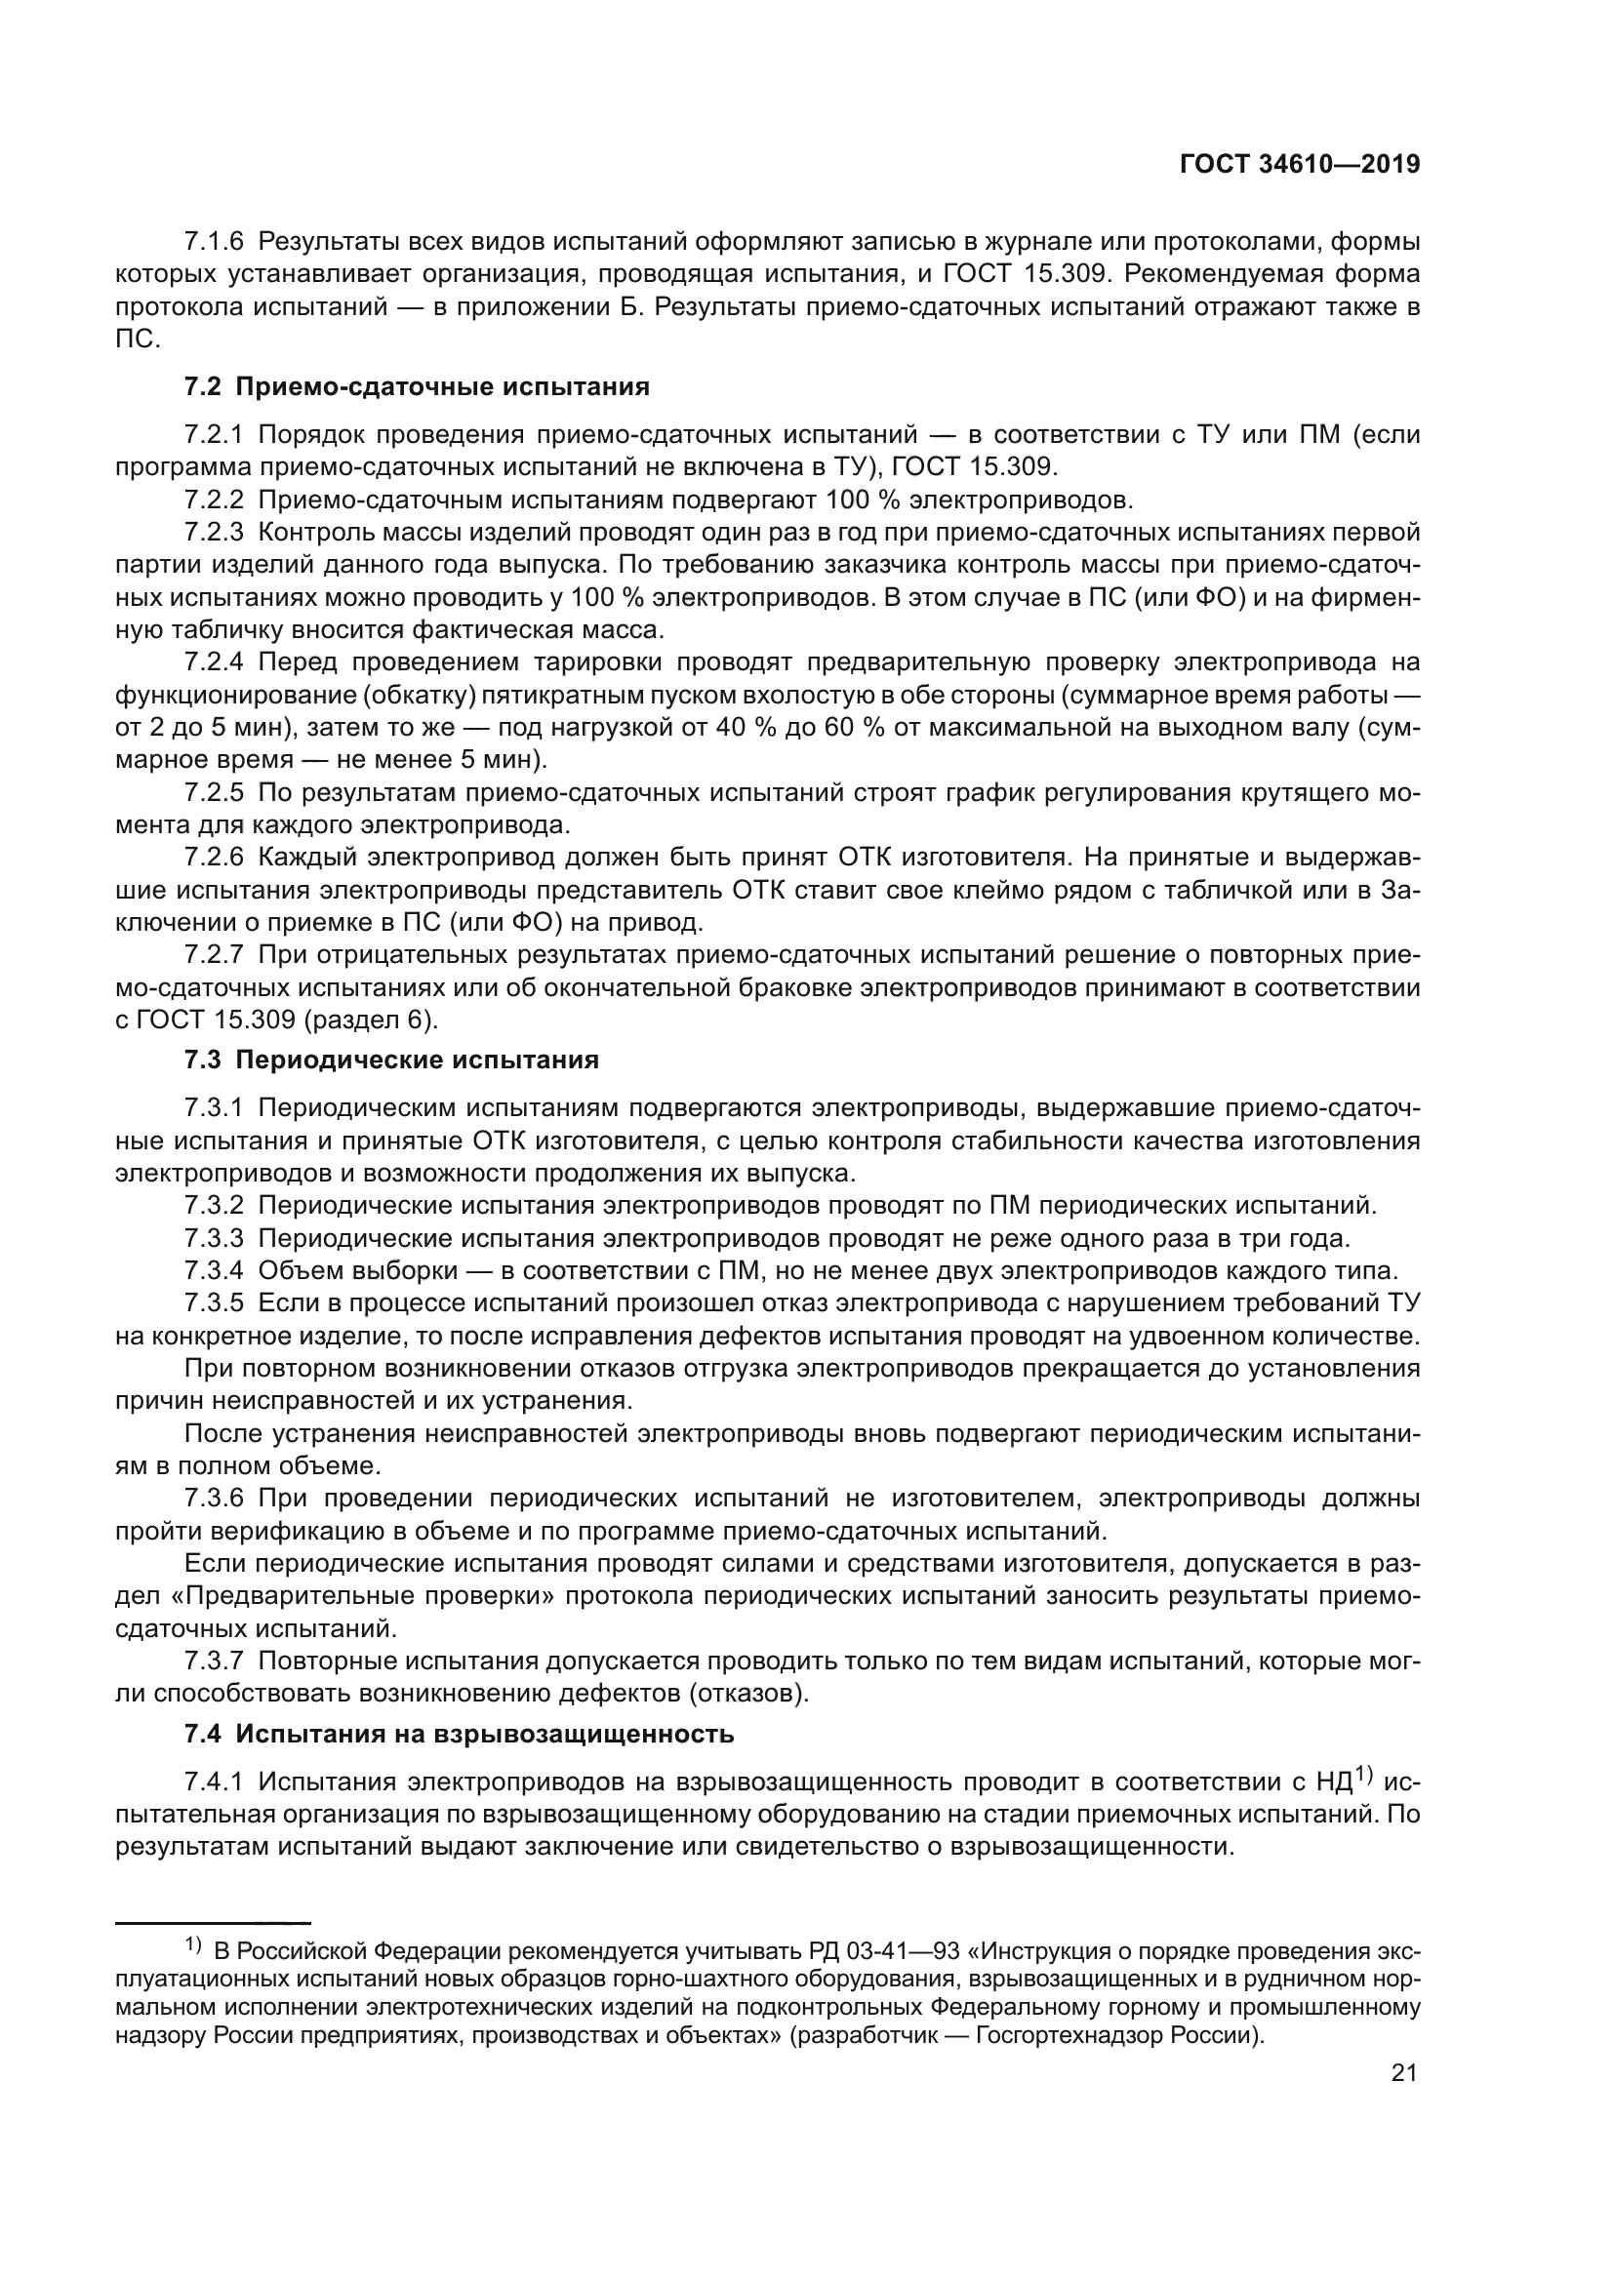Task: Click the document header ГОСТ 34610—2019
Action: (1299, 165)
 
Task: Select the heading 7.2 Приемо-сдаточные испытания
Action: (418, 386)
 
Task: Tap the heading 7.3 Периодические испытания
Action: (391, 1061)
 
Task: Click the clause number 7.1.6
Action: (214, 242)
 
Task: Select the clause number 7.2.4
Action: (214, 662)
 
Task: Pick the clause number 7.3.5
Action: (214, 1303)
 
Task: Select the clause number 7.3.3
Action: (214, 1238)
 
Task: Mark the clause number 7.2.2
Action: (214, 500)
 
